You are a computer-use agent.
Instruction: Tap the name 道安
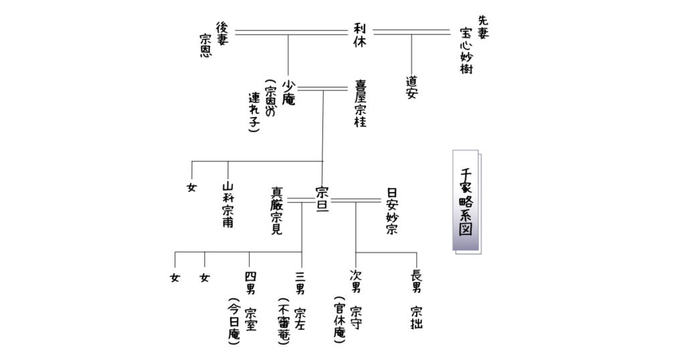click(x=411, y=88)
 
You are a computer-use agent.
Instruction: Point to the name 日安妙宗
click(x=392, y=211)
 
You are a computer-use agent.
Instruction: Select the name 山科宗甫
click(x=227, y=205)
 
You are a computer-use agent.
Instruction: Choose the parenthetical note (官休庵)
click(x=339, y=322)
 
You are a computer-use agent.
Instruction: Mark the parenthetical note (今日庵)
click(x=234, y=322)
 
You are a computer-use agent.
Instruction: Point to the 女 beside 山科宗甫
click(x=192, y=187)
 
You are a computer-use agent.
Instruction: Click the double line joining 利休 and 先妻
click(x=411, y=31)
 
